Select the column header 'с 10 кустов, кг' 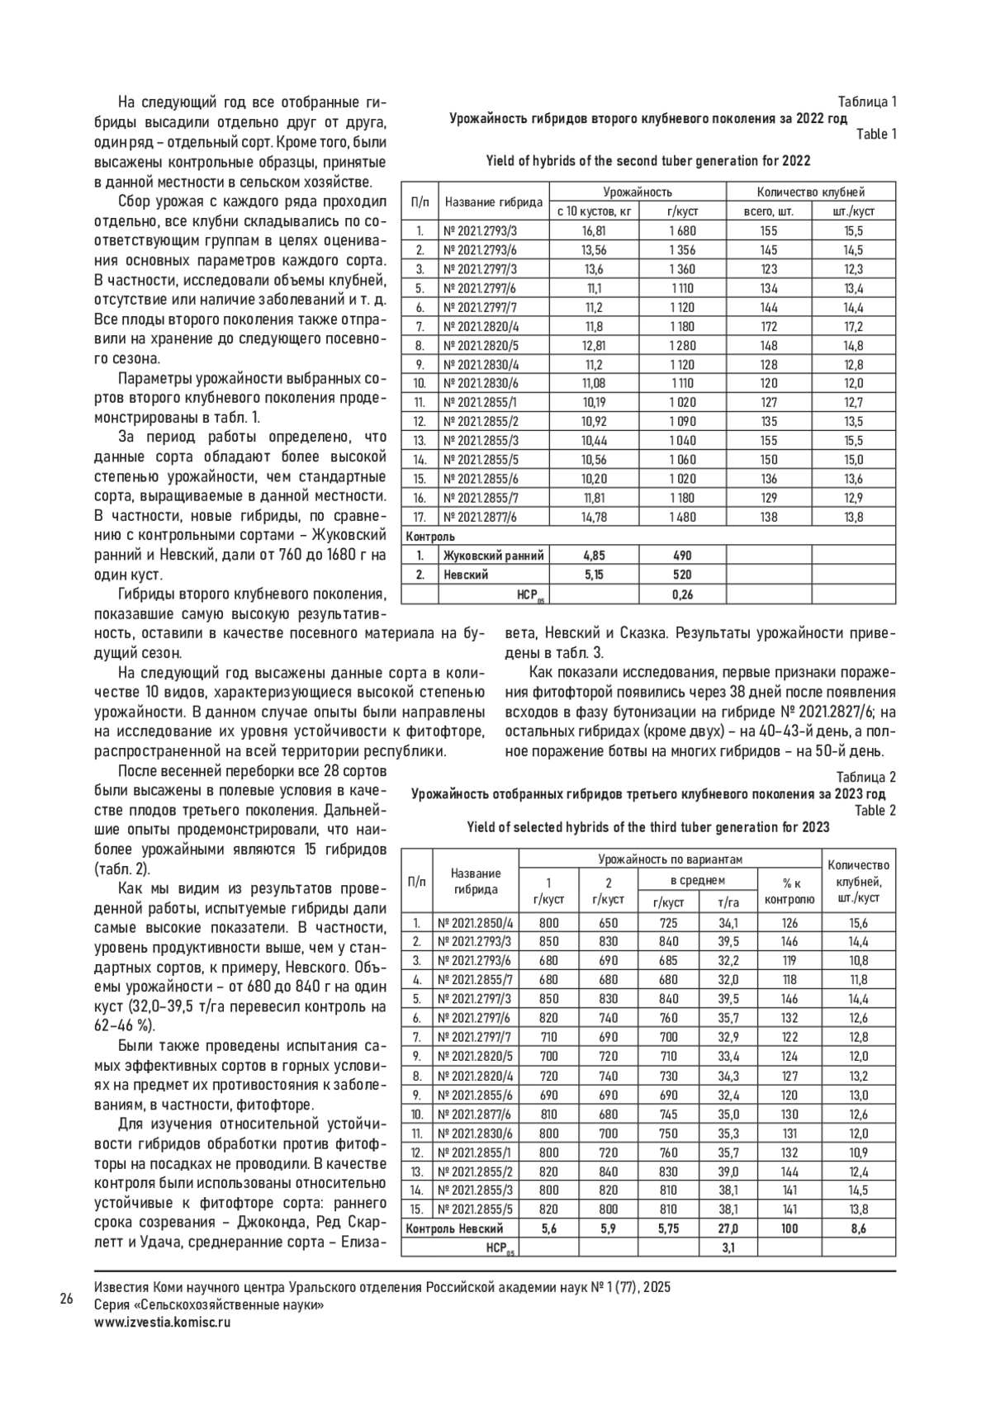[594, 211]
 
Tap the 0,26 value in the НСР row [681, 594]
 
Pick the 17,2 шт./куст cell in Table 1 [853, 327]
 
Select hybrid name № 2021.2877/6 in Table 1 [481, 518]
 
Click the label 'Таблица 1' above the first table [867, 102]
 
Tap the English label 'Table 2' [875, 810]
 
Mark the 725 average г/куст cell [668, 923]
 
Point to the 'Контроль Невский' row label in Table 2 [453, 1228]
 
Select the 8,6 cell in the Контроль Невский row [858, 1228]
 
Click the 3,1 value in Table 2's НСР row [728, 1247]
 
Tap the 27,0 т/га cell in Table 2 [728, 1228]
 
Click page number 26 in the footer [67, 1299]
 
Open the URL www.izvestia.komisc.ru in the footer [163, 1321]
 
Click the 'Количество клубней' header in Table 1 [811, 192]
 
